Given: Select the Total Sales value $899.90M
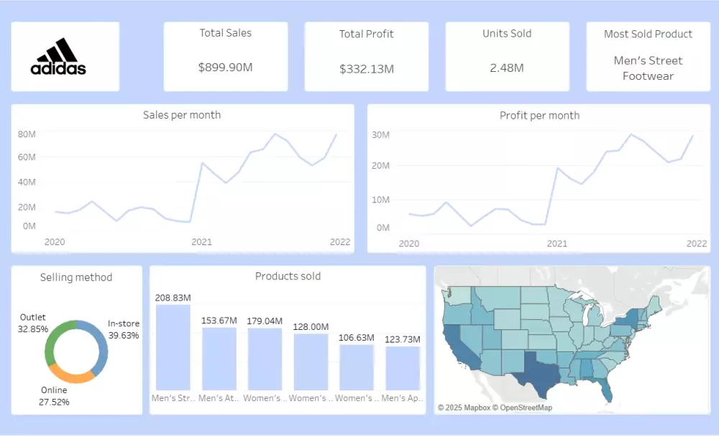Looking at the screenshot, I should [x=226, y=68].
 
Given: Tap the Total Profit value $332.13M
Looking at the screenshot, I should [x=367, y=69].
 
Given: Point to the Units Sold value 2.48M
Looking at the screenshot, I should [x=507, y=68].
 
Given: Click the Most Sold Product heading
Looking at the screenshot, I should [x=648, y=34].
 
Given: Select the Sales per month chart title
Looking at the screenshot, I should [x=182, y=115].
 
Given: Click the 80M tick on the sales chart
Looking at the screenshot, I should [x=27, y=134].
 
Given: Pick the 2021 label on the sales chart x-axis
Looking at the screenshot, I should [x=201, y=242].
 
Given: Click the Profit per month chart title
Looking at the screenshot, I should [x=539, y=115].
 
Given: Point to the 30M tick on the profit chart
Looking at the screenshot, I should [x=380, y=135].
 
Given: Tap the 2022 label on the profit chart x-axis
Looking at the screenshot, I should [x=696, y=244].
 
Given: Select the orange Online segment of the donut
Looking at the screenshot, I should [x=70, y=375].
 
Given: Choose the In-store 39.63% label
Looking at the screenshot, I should [x=124, y=329].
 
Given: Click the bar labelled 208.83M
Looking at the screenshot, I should [x=173, y=347].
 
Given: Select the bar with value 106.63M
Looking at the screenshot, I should [x=357, y=367].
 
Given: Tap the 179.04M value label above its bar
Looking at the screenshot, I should [x=265, y=321].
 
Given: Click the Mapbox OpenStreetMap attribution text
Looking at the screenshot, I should [x=495, y=408].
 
